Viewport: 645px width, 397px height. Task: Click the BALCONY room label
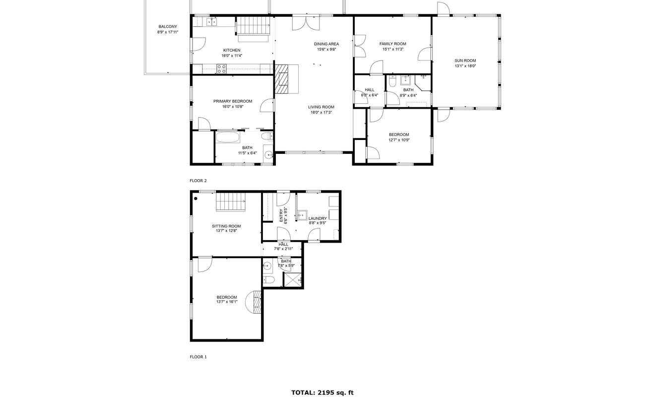pyautogui.click(x=167, y=27)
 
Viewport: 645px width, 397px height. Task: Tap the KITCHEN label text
pyautogui.click(x=232, y=50)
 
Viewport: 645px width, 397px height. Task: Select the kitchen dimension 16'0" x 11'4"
pyautogui.click(x=232, y=56)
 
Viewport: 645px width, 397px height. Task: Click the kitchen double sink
pyautogui.click(x=212, y=22)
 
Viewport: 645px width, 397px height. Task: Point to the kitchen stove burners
pyautogui.click(x=221, y=69)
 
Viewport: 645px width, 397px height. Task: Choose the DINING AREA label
pyautogui.click(x=326, y=44)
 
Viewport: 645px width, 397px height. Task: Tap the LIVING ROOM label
pyautogui.click(x=321, y=107)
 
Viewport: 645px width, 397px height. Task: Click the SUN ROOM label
pyautogui.click(x=465, y=61)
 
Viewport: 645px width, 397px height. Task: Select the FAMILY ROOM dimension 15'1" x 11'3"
pyautogui.click(x=392, y=49)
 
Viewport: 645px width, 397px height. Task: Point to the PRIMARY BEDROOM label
pyautogui.click(x=233, y=101)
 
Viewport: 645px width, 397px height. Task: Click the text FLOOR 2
pyautogui.click(x=198, y=181)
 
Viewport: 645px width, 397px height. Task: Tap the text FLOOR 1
pyautogui.click(x=198, y=357)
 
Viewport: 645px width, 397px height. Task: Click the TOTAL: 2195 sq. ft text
pyautogui.click(x=322, y=393)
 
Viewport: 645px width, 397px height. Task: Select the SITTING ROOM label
pyautogui.click(x=226, y=226)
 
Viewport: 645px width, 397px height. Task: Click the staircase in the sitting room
pyautogui.click(x=231, y=202)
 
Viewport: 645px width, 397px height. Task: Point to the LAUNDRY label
pyautogui.click(x=318, y=218)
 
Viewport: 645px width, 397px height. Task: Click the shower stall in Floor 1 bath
pyautogui.click(x=293, y=280)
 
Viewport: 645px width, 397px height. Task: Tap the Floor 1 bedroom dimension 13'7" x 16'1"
pyautogui.click(x=227, y=302)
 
